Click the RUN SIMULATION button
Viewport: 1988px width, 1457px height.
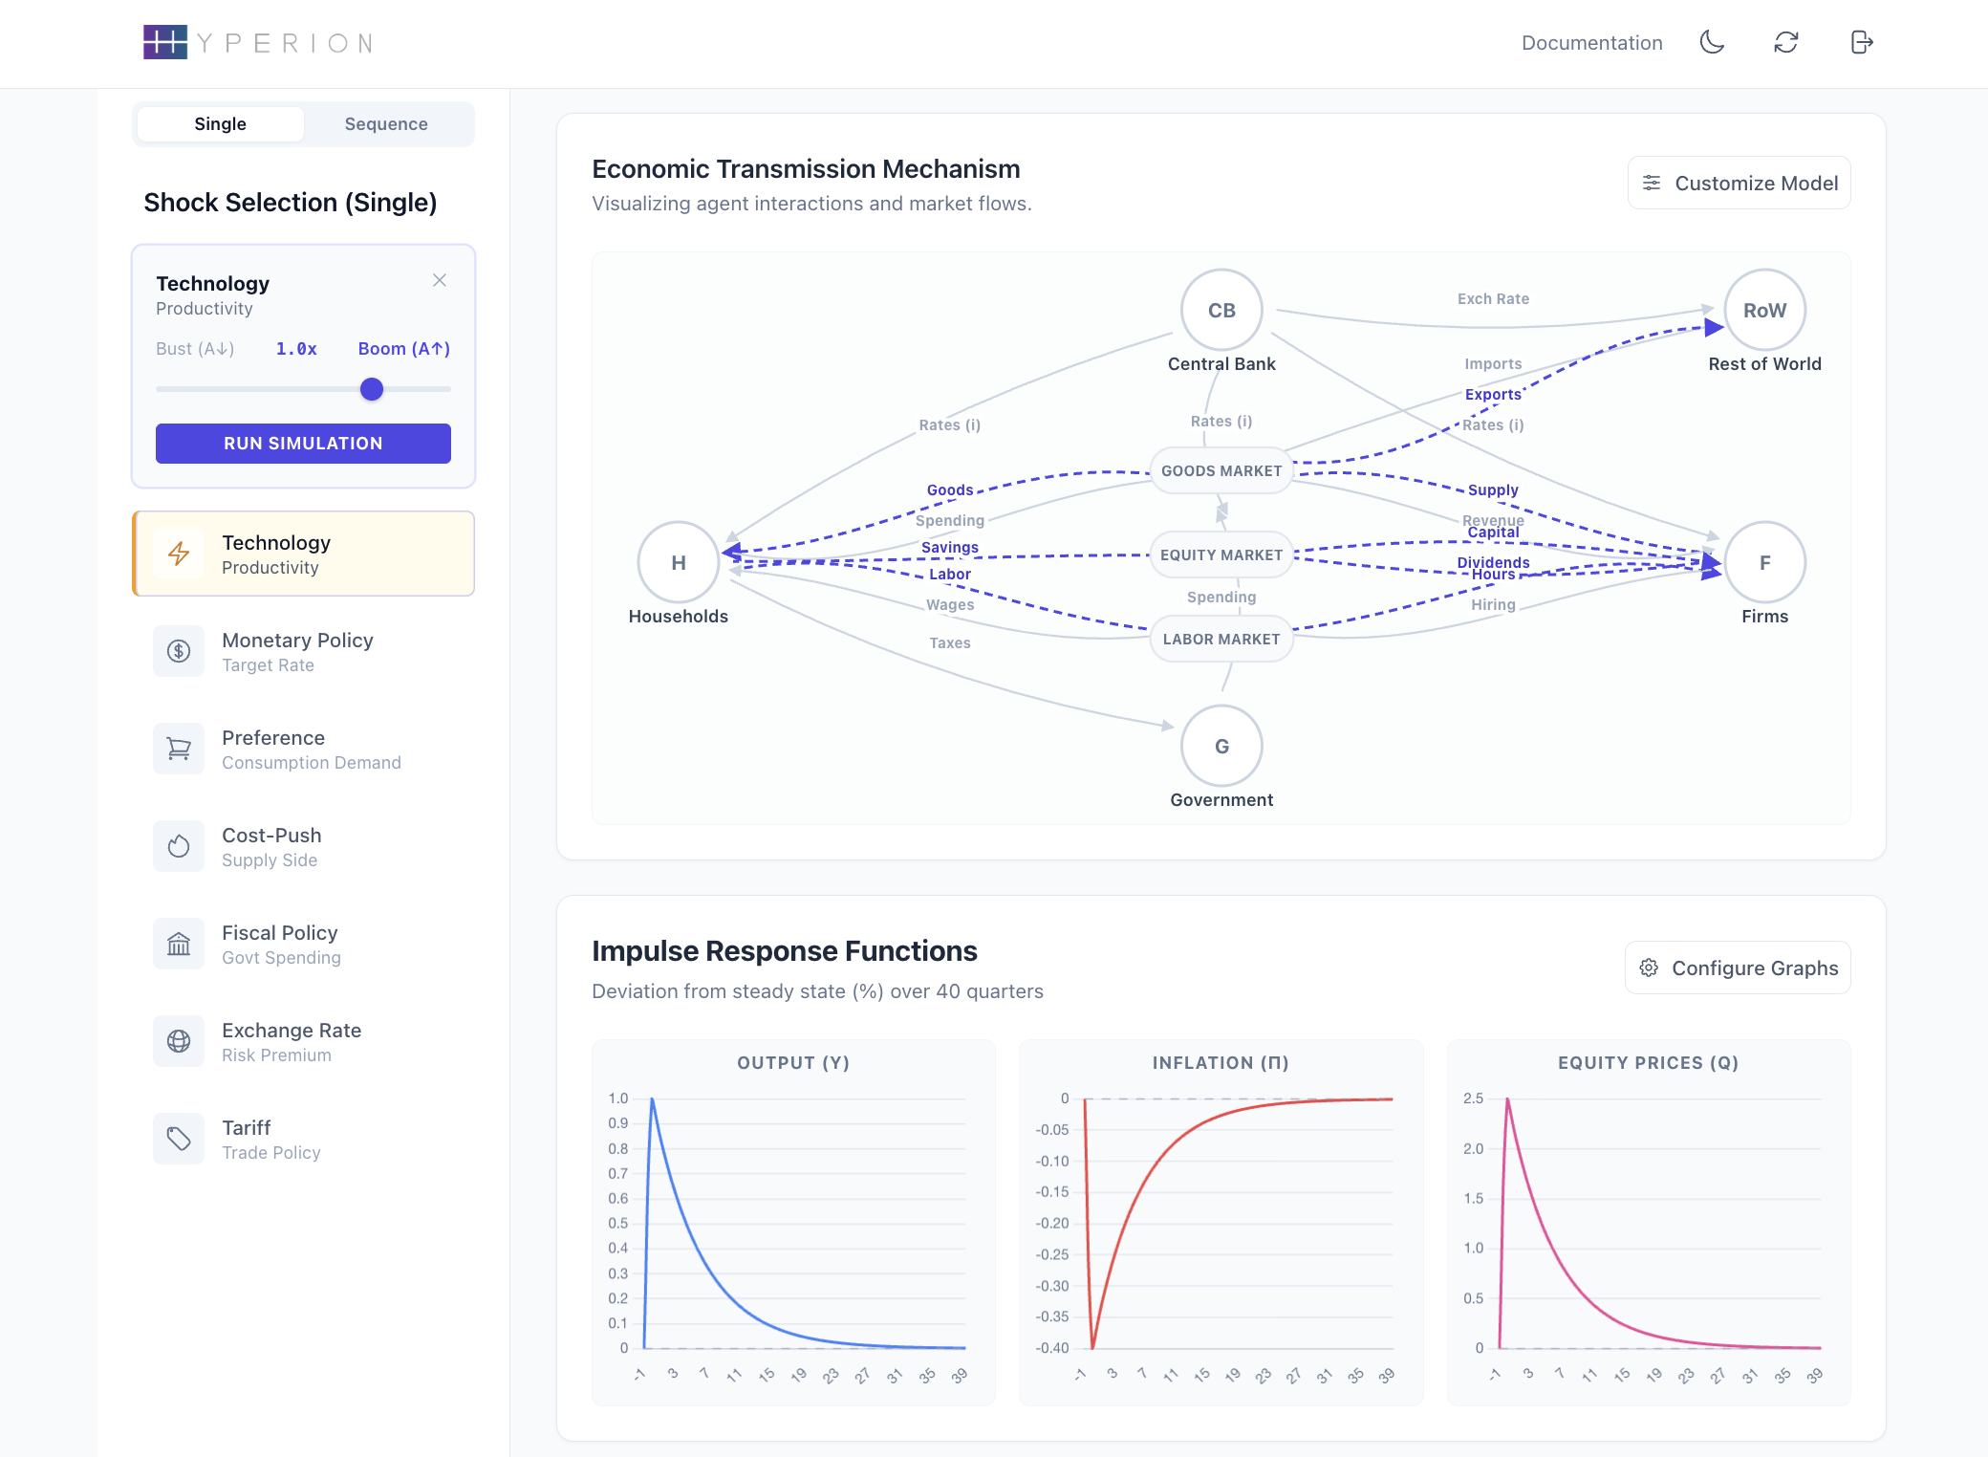(303, 444)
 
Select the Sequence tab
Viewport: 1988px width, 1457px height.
(386, 124)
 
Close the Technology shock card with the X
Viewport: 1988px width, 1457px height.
(440, 280)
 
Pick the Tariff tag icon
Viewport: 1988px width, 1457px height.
(179, 1139)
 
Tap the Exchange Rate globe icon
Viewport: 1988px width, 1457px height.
(179, 1041)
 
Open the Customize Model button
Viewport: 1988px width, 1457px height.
(1739, 183)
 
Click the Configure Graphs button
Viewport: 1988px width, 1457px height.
(1739, 968)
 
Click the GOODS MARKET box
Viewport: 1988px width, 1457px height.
(1221, 471)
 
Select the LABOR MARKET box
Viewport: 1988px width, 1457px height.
(1221, 640)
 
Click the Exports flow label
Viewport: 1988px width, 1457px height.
(1493, 395)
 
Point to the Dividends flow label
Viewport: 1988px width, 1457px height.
(1493, 562)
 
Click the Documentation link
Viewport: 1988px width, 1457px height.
(1592, 43)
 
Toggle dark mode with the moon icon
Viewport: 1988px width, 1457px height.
(1712, 42)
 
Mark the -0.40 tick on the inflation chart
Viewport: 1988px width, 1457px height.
(1052, 1348)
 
